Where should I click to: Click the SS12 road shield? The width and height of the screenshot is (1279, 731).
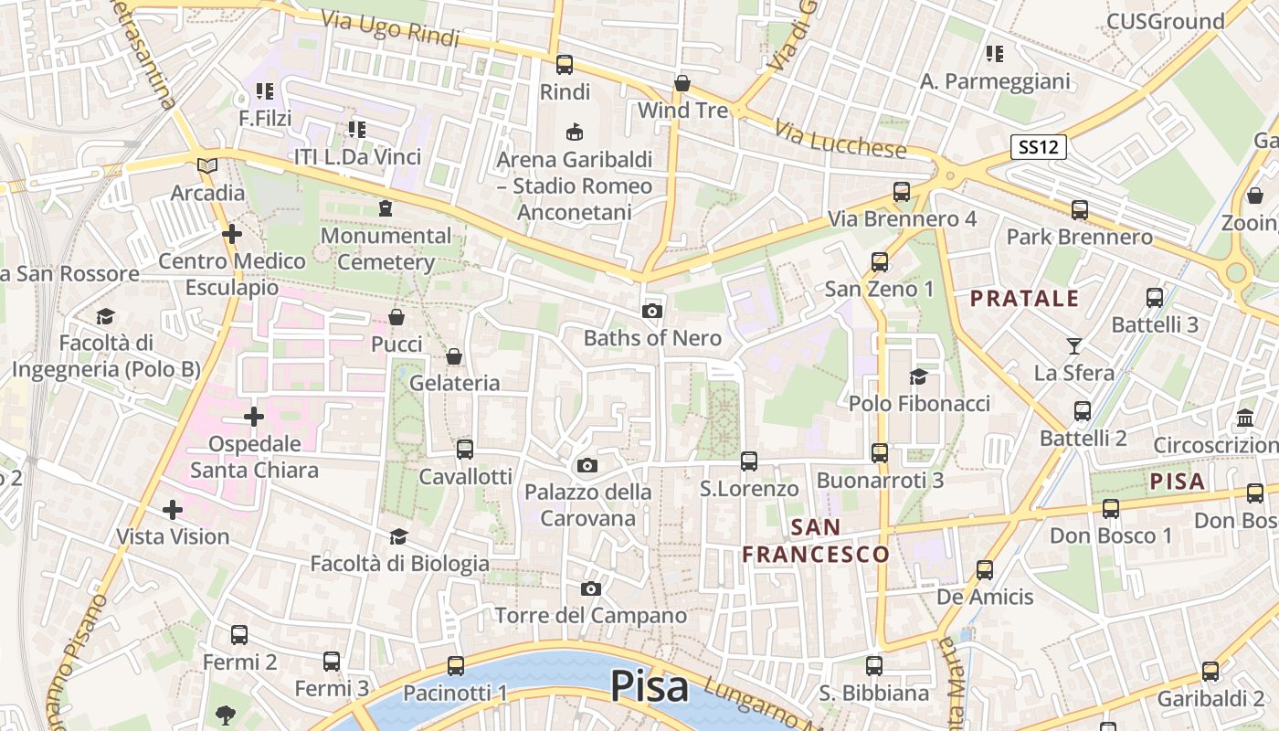(1039, 147)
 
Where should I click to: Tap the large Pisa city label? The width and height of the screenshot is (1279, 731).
(649, 685)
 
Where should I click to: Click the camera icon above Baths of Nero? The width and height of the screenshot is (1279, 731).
(651, 311)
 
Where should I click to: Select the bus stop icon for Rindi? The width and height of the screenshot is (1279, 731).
(565, 65)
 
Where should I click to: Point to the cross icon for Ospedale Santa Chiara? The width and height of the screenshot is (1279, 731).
(254, 418)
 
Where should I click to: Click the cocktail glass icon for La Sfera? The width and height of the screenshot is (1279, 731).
(1073, 345)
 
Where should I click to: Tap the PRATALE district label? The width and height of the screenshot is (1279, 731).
(1024, 299)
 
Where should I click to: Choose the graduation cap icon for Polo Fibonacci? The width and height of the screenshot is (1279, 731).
(918, 376)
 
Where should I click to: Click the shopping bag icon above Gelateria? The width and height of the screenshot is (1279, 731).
(454, 356)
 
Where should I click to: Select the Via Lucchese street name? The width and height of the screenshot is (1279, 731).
(840, 138)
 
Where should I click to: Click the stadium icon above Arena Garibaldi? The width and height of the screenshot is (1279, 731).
(575, 132)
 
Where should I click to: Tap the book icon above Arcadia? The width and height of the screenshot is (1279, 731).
(208, 165)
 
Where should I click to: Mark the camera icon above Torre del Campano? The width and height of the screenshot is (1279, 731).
(591, 588)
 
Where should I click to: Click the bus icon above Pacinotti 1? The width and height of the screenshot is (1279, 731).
(456, 666)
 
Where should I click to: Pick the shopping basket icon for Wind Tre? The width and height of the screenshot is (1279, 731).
(682, 84)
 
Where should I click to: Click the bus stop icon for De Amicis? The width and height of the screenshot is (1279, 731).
(985, 570)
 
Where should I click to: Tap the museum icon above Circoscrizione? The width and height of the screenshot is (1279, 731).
(1244, 418)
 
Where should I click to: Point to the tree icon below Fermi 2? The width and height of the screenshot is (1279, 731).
(225, 714)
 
